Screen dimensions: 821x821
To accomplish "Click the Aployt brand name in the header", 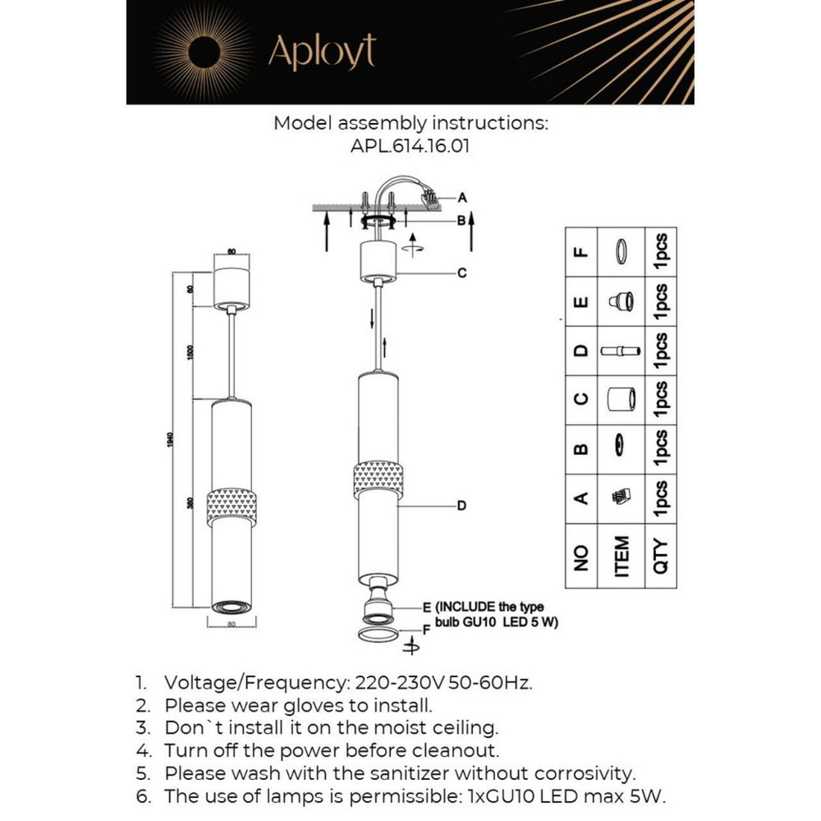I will click(x=322, y=52).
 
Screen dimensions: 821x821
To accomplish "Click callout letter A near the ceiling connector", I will click(x=462, y=197).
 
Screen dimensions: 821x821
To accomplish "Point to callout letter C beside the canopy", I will click(x=462, y=273).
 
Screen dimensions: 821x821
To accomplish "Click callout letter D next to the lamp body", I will click(x=461, y=506).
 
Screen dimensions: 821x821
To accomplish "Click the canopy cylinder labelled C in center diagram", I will click(x=378, y=261).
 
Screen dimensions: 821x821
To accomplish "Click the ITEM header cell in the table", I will click(x=622, y=557).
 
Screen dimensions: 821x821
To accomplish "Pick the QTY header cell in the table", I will click(x=661, y=557).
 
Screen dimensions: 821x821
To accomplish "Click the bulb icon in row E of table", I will click(x=622, y=302).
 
